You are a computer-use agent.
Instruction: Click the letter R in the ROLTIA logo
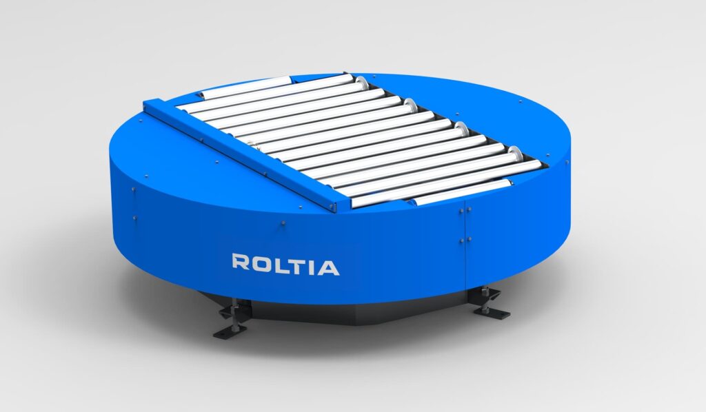pyautogui.click(x=240, y=262)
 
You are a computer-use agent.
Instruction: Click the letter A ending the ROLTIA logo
pyautogui.click(x=327, y=267)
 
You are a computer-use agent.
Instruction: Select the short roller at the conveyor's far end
pyautogui.click(x=246, y=87)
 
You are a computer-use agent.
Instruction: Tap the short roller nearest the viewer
pyautogui.click(x=461, y=192)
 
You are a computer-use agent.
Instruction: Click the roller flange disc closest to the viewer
pyautogui.click(x=514, y=154)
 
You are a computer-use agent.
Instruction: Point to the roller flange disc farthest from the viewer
pyautogui.click(x=361, y=83)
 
